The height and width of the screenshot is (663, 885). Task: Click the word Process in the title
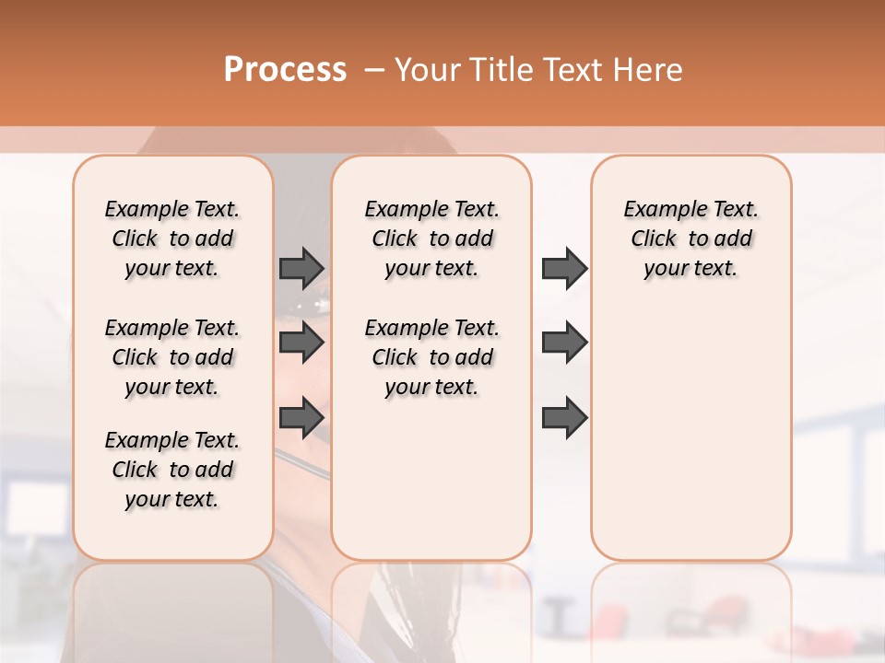285,70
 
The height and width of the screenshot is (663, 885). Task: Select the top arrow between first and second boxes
301,268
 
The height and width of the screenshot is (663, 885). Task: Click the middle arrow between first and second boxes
301,343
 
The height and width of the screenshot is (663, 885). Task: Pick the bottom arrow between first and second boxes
301,418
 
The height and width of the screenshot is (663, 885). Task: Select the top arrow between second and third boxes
564,268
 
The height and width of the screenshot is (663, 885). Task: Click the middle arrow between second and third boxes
564,343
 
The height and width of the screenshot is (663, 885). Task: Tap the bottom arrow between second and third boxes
564,418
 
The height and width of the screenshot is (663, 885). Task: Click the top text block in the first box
172,238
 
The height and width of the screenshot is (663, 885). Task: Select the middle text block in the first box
172,357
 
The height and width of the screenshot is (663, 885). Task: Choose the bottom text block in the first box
172,470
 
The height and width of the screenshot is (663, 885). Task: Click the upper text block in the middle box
431,238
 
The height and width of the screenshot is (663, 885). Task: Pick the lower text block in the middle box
431,357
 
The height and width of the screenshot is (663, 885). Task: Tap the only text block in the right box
690,238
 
